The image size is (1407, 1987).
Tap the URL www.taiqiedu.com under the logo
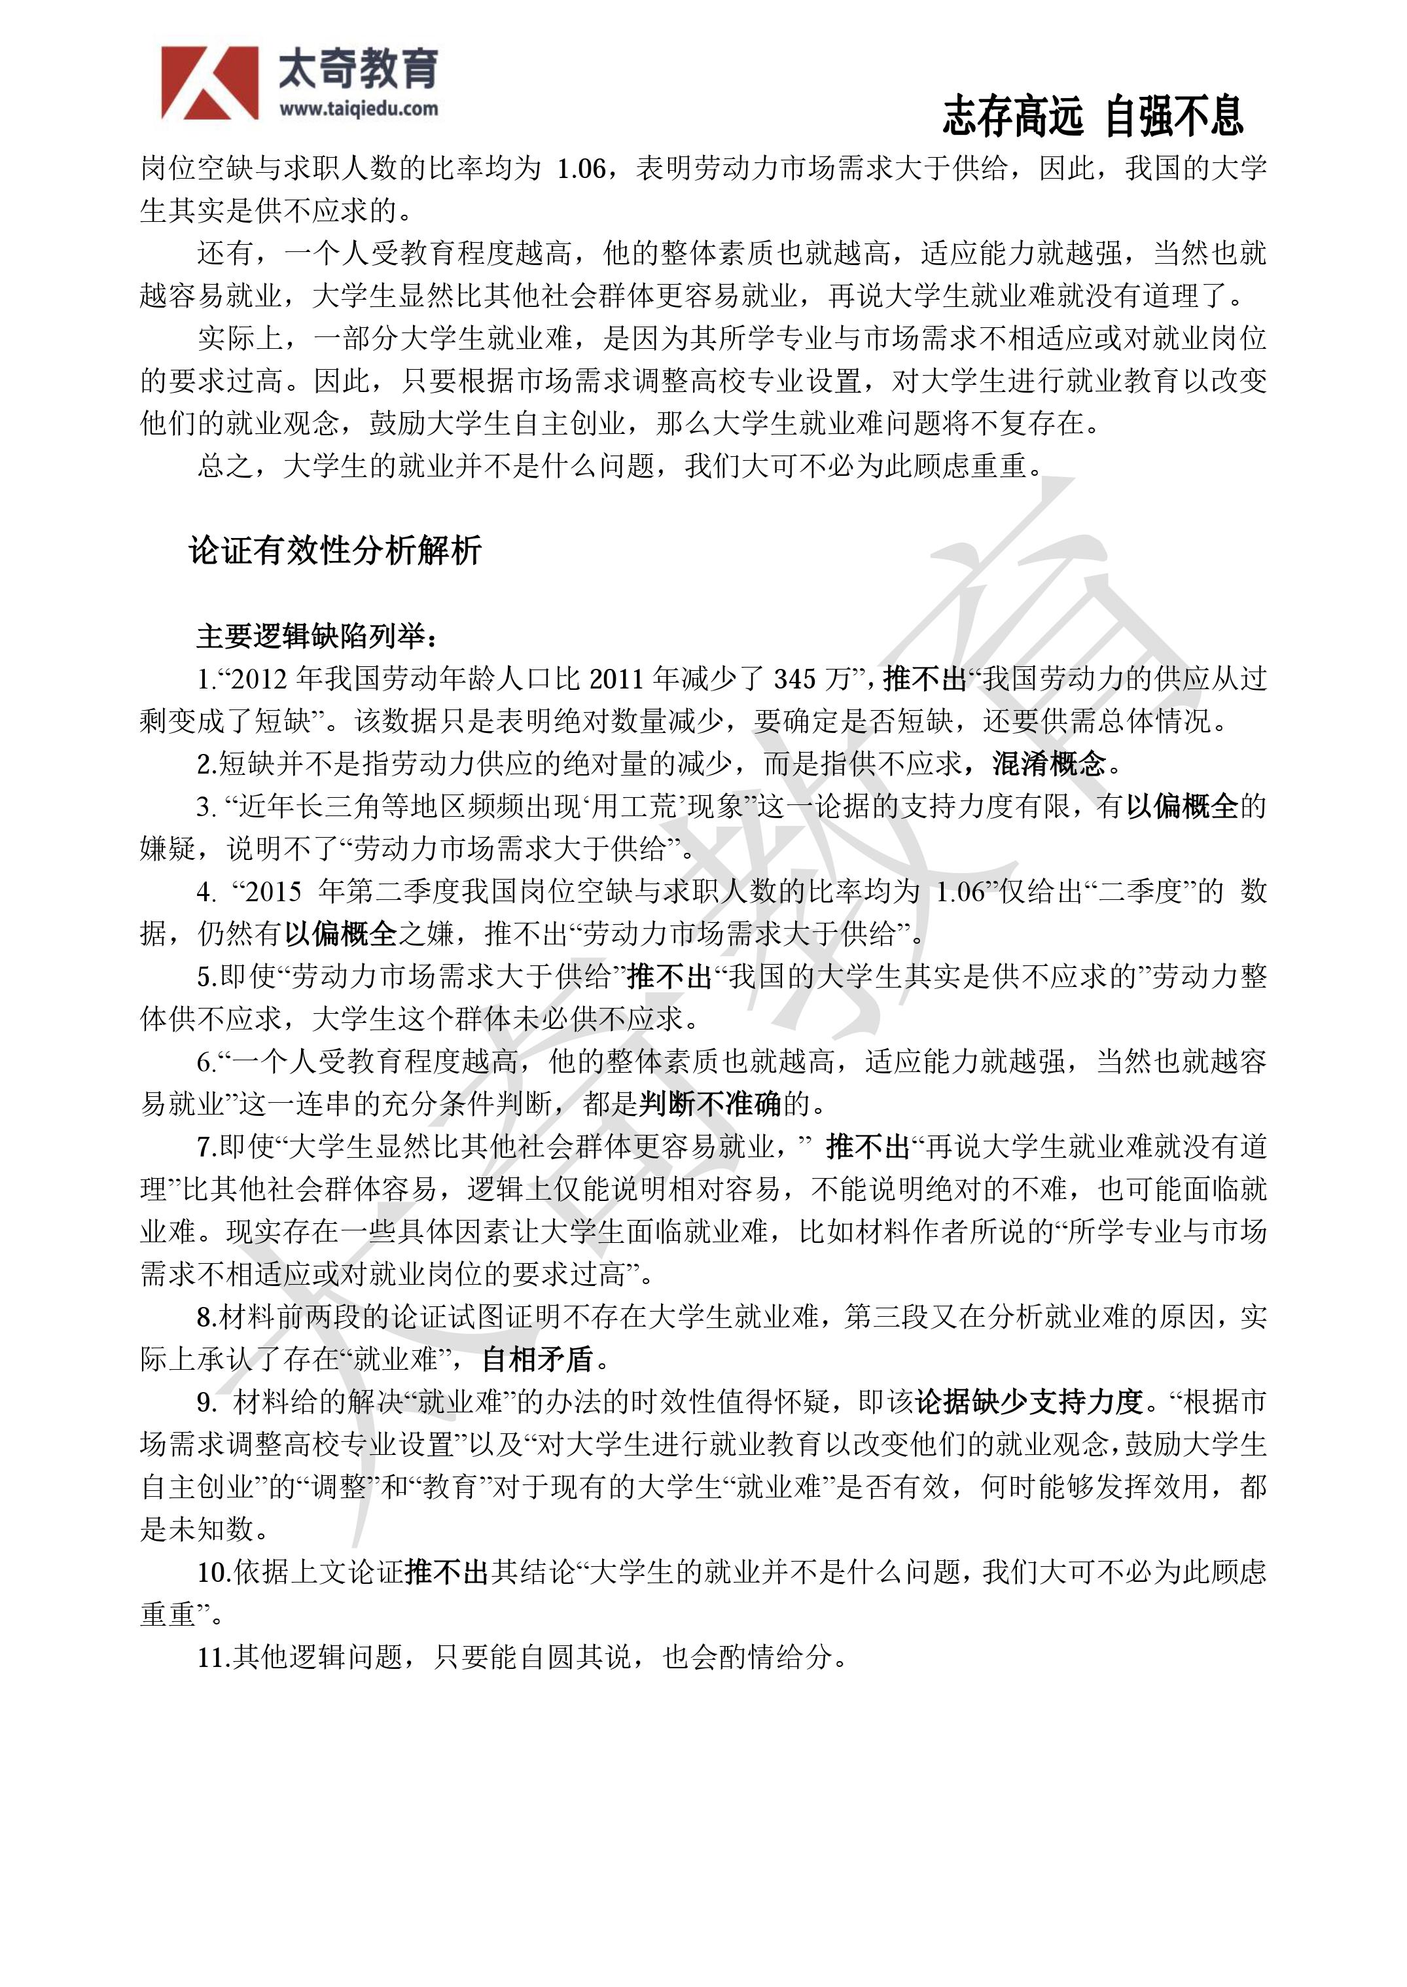pos(359,109)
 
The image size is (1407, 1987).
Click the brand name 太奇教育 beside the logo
pos(359,69)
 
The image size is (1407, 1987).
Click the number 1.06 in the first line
pos(581,168)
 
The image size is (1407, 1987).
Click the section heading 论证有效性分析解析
pos(335,550)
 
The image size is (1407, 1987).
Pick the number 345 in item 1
pos(795,679)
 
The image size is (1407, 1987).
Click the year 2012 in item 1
pos(259,679)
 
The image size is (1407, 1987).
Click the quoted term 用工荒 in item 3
pos(634,806)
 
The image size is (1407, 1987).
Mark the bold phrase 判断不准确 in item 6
pos(711,1103)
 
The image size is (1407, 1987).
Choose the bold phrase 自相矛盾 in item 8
pos(538,1359)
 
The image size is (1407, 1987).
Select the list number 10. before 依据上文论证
pos(213,1571)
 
